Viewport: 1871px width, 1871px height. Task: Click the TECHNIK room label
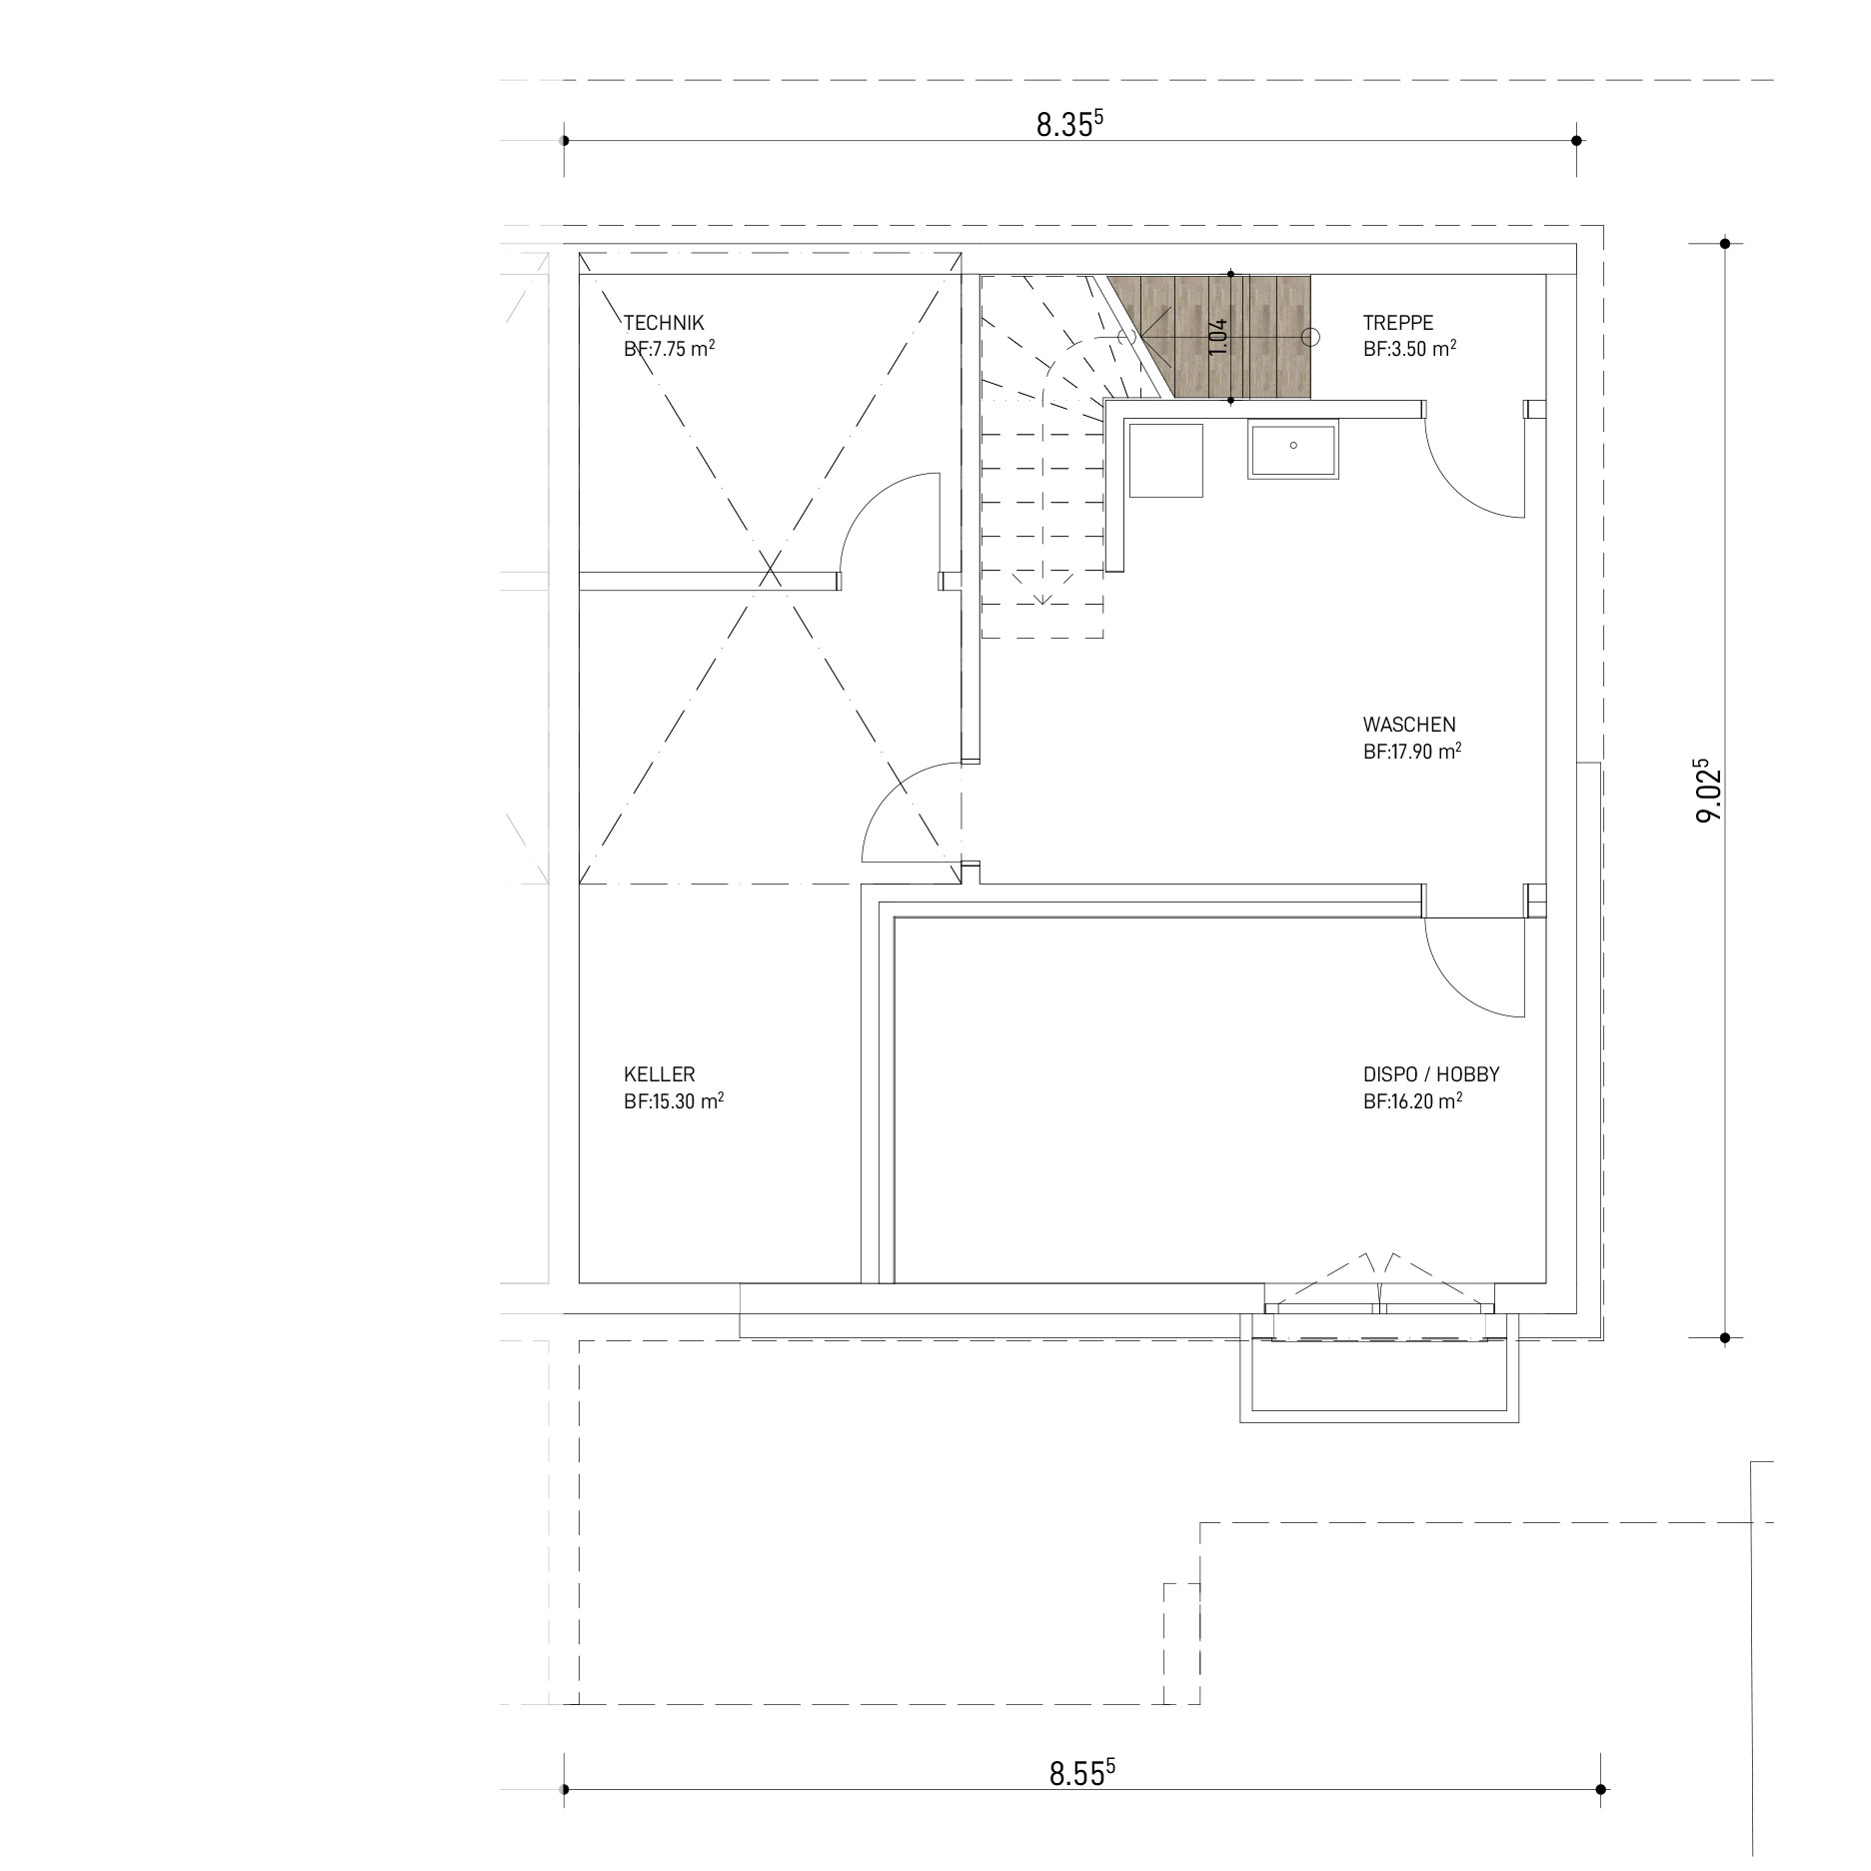click(x=664, y=323)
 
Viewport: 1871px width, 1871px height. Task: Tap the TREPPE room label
click(x=1397, y=323)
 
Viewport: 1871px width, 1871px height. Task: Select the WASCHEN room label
click(x=1408, y=725)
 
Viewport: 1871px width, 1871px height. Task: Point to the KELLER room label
click(x=659, y=1074)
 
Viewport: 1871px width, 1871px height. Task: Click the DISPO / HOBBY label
click(x=1430, y=1074)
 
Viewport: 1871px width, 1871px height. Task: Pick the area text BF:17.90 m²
click(x=1412, y=752)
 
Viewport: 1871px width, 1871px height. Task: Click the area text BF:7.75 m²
click(x=669, y=350)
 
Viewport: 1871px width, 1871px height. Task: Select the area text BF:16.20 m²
click(x=1412, y=1101)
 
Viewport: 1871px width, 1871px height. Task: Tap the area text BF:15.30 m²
click(x=674, y=1101)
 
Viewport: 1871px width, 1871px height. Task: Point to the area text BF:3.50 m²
click(x=1408, y=350)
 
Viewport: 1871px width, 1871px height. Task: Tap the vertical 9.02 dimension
click(x=1709, y=790)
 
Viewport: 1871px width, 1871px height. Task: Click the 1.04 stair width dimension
click(x=1216, y=337)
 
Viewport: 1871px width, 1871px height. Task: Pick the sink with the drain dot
click(x=1292, y=452)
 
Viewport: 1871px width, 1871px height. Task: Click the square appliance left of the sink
click(x=1165, y=459)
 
